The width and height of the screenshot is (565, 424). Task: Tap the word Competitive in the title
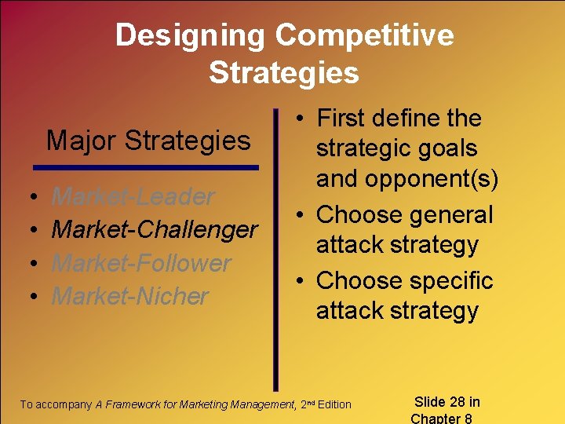(x=365, y=35)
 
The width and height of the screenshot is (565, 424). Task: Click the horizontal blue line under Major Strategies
(x=146, y=167)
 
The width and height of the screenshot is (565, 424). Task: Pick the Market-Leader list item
(x=133, y=196)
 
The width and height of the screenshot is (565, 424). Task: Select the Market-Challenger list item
(x=154, y=229)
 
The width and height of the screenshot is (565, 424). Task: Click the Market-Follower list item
(x=141, y=263)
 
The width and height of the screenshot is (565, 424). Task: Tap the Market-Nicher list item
(x=129, y=296)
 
